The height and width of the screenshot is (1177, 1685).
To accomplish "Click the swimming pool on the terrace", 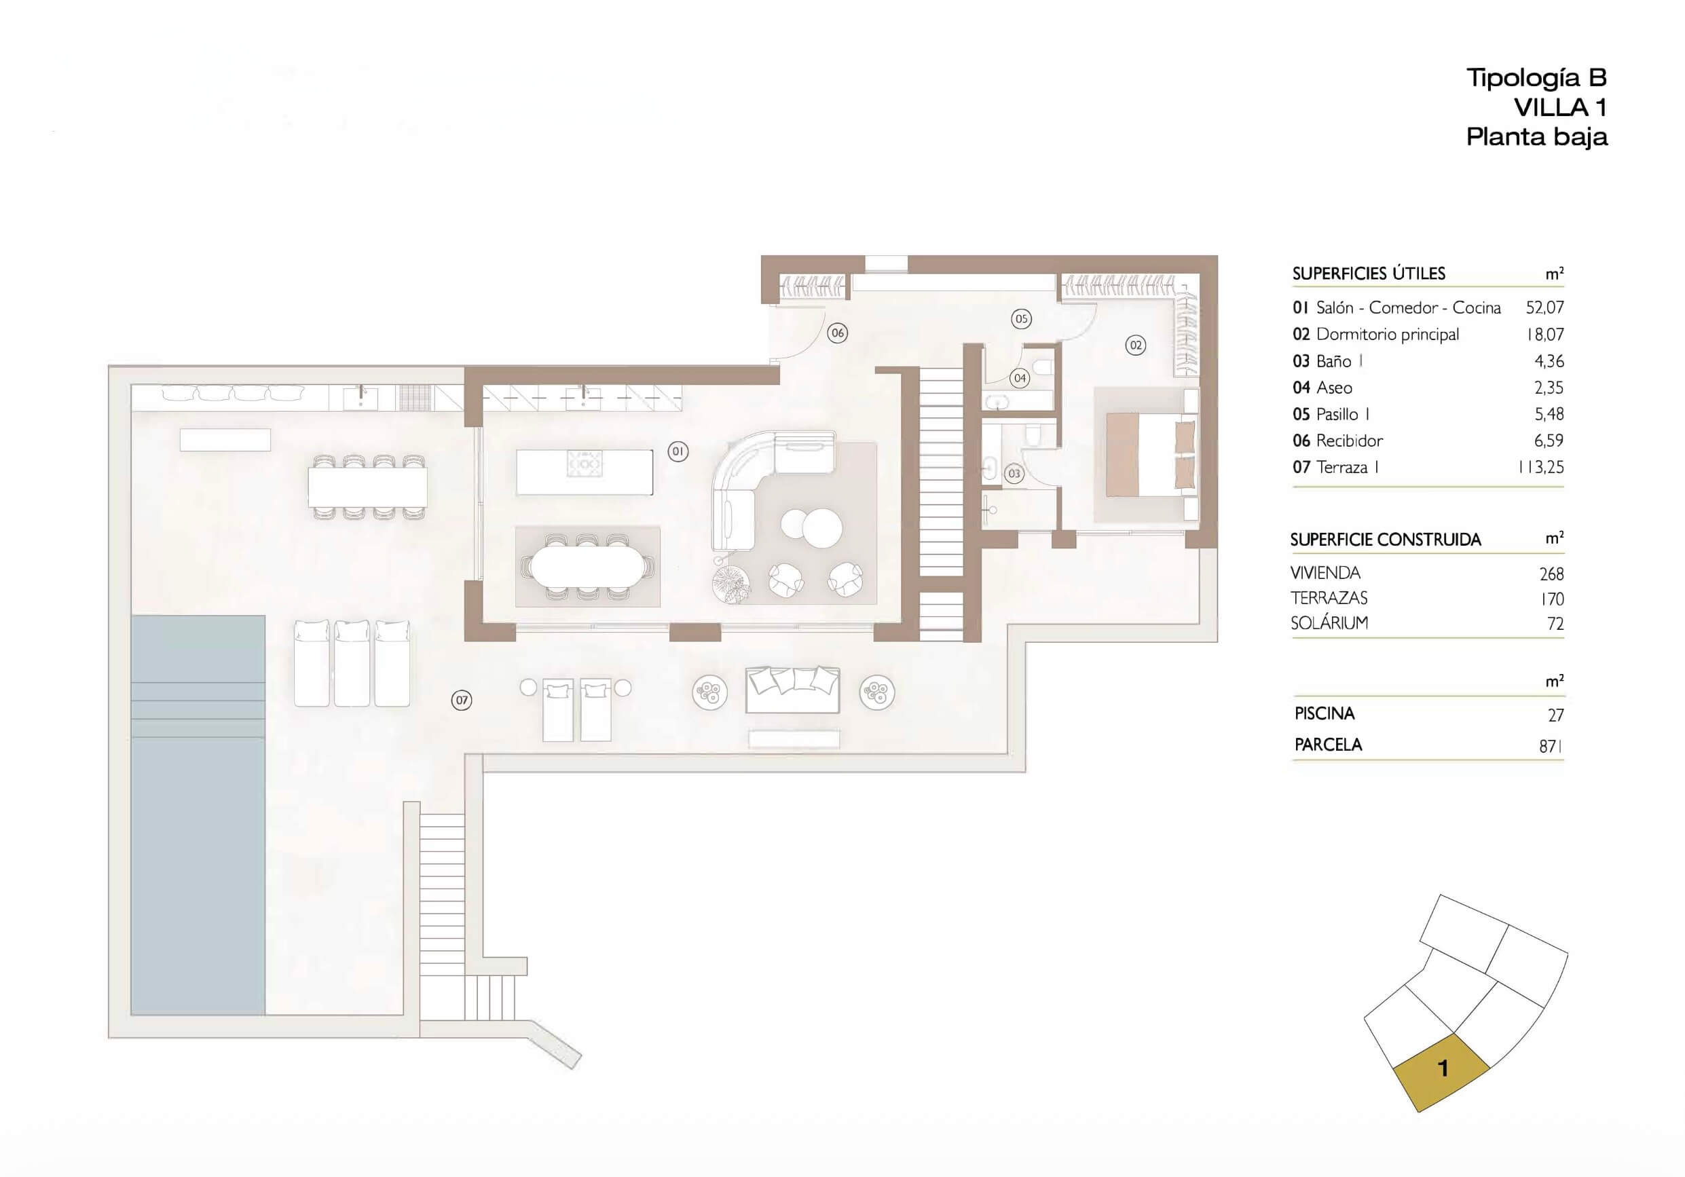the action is coord(198,815).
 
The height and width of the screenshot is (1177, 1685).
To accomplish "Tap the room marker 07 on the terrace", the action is coord(462,700).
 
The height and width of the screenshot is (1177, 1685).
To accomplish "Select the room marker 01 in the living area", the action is coord(678,451).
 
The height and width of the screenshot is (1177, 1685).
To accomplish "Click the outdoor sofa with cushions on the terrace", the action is coord(792,690).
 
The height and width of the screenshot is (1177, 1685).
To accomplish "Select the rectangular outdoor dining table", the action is coord(368,487).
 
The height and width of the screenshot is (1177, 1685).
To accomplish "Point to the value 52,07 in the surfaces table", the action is coord(1545,307).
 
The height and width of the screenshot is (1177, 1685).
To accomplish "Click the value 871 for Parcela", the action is coord(1551,746).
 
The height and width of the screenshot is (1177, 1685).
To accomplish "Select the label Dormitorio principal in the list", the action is coord(1388,335).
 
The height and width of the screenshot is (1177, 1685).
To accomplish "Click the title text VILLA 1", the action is coord(1560,108).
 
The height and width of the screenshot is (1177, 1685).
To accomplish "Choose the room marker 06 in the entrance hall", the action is coord(837,333).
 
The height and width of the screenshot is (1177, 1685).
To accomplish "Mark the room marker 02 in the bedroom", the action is coord(1135,345).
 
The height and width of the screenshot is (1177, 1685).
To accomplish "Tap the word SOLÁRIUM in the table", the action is coord(1329,623).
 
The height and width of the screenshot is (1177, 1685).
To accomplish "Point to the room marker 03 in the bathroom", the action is coord(1014,473).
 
